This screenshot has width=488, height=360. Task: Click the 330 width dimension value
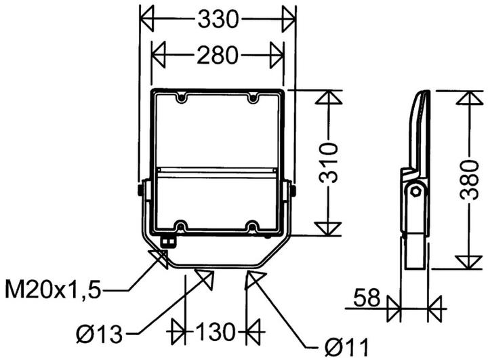[218, 20]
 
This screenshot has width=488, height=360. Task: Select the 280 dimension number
[218, 55]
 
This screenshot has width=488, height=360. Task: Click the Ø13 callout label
[100, 333]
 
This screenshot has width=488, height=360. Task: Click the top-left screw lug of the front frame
[182, 99]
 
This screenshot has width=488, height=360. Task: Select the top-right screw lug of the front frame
[253, 99]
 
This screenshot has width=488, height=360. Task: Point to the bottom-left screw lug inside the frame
[182, 225]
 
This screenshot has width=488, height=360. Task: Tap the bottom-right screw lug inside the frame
[253, 225]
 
